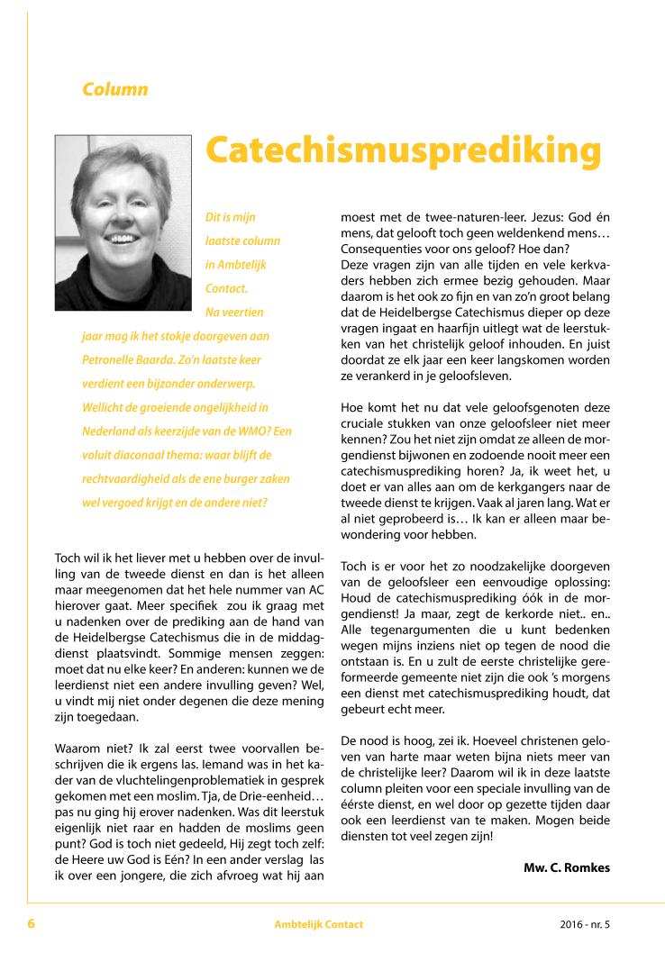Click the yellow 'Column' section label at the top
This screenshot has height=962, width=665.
(114, 89)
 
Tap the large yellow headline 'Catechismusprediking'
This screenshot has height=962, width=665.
(403, 150)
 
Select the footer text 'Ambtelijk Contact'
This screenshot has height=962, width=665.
(319, 925)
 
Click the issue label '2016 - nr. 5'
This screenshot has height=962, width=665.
(584, 925)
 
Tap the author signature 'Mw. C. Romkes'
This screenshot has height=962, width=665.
(566, 868)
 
